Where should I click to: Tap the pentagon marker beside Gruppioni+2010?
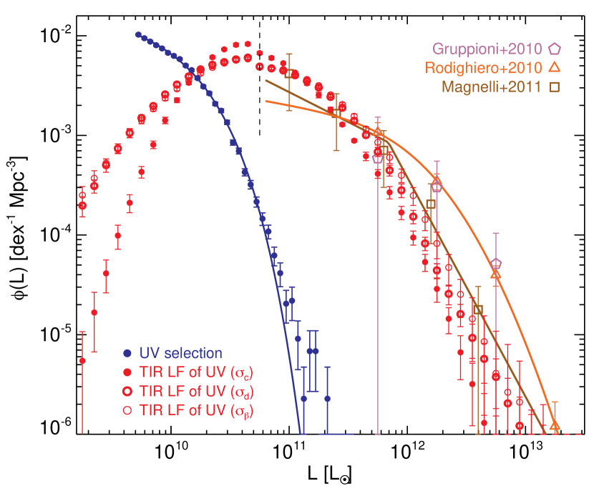pyautogui.click(x=555, y=49)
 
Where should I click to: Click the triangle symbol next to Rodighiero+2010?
pyautogui.click(x=555, y=68)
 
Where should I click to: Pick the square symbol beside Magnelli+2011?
pyautogui.click(x=555, y=88)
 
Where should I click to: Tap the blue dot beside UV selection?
pyautogui.click(x=127, y=353)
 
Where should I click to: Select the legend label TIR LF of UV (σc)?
pyautogui.click(x=196, y=372)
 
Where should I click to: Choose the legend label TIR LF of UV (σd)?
pyautogui.click(x=196, y=392)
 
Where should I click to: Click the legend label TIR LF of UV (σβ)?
pyautogui.click(x=196, y=411)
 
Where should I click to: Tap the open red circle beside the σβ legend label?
pyautogui.click(x=127, y=411)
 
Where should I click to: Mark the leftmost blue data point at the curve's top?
pyautogui.click(x=137, y=34)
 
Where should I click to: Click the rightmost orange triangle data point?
pyautogui.click(x=555, y=426)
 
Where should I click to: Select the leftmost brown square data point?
pyautogui.click(x=289, y=73)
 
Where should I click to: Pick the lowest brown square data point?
pyautogui.click(x=478, y=309)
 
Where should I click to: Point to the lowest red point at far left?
pyautogui.click(x=82, y=361)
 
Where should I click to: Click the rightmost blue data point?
pyautogui.click(x=327, y=398)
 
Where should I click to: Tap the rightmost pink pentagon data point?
pyautogui.click(x=496, y=264)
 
